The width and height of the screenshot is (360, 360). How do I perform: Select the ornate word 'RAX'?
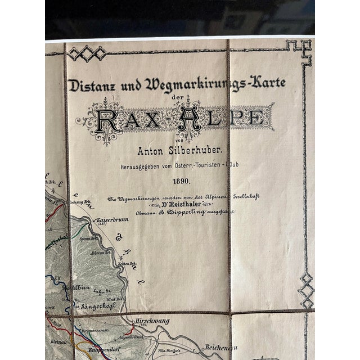click(121, 119)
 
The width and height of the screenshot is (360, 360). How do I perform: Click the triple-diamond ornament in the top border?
click(87, 53)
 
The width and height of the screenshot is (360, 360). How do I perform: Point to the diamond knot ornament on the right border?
click(306, 290)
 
